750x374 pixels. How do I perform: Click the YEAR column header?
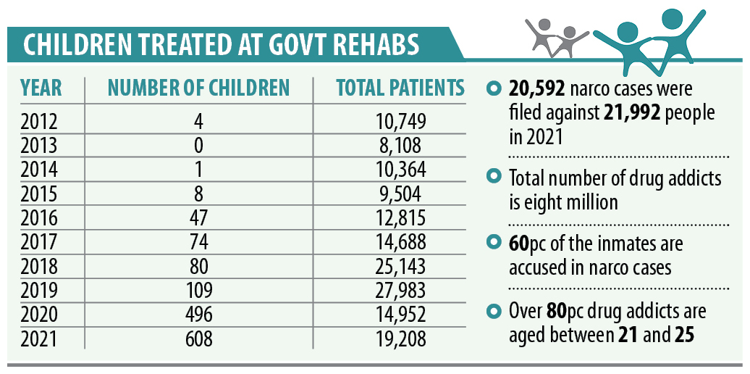(41, 88)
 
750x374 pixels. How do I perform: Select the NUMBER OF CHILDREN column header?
(198, 88)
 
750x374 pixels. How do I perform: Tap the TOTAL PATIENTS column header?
(400, 88)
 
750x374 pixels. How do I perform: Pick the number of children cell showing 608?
(198, 337)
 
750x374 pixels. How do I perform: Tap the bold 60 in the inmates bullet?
(519, 243)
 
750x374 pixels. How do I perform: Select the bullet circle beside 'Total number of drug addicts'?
(495, 177)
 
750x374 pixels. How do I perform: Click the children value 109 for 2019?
(198, 289)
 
